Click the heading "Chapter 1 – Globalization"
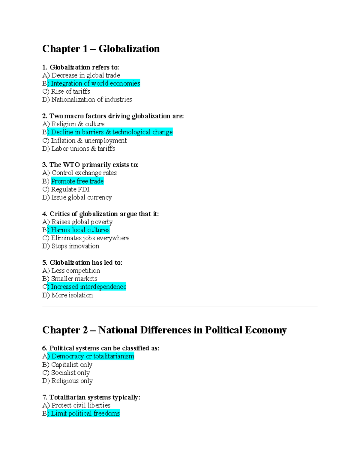pos(101,49)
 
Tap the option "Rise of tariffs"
pos(70,92)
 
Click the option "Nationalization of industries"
pos(91,100)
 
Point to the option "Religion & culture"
pos(78,124)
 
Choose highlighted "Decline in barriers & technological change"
pos(112,132)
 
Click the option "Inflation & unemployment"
pos(89,141)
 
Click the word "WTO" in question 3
pos(71,165)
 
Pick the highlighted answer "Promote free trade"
pos(77,181)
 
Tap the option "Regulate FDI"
pos(70,189)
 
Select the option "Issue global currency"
pos(81,197)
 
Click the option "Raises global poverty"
pos(82,222)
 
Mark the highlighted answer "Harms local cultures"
pos(80,230)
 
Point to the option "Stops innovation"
pos(75,246)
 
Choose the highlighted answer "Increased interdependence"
pos(88,287)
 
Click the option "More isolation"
pos(72,295)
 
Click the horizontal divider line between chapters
pos(180,307)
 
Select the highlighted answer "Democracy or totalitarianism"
pos(93,356)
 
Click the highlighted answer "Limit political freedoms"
pos(85,413)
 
